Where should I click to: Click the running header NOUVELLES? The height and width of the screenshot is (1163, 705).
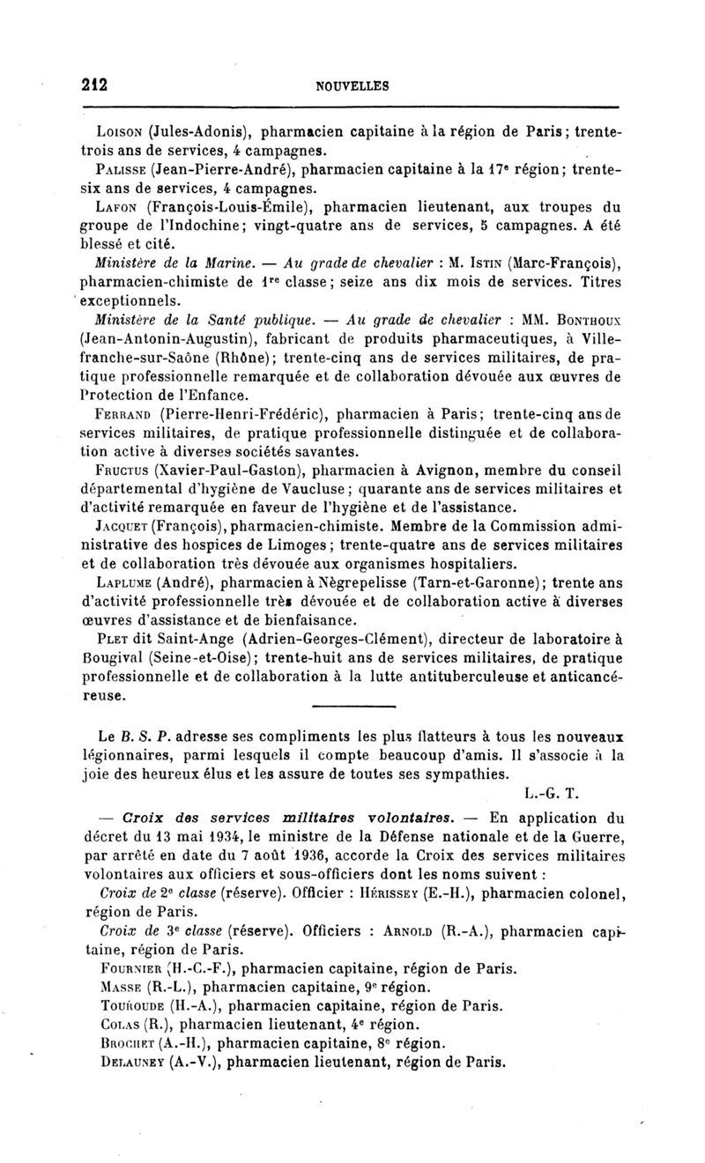[352, 86]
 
